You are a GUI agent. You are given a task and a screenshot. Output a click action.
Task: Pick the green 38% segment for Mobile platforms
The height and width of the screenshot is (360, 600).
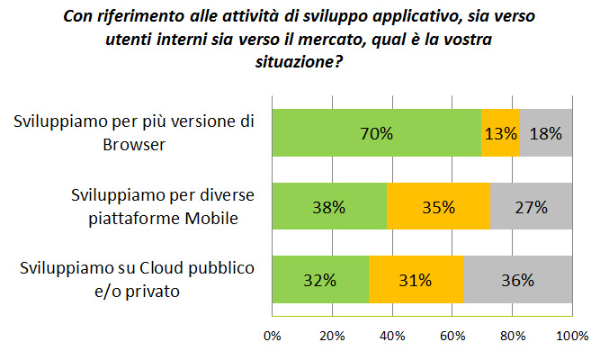coord(329,208)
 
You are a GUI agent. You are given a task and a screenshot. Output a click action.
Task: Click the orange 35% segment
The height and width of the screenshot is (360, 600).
coord(438,208)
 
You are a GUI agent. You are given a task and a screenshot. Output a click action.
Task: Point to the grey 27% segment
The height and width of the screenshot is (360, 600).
coord(532,208)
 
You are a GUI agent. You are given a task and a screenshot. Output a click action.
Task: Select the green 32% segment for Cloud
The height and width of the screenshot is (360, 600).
coord(320,280)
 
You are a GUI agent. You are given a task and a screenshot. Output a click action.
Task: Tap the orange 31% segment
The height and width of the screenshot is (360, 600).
coord(416,280)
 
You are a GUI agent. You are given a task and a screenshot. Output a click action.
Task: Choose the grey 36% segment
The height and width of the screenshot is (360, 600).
coord(518,280)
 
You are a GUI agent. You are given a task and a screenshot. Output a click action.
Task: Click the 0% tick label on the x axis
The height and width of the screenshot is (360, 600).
coord(272,337)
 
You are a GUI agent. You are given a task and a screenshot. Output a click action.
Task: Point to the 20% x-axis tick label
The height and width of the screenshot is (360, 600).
coord(332,337)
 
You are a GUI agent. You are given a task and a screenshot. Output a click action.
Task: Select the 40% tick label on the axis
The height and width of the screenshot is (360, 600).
coord(392,337)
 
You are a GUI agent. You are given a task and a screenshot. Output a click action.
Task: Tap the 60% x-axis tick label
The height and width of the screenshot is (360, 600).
coord(452,337)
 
